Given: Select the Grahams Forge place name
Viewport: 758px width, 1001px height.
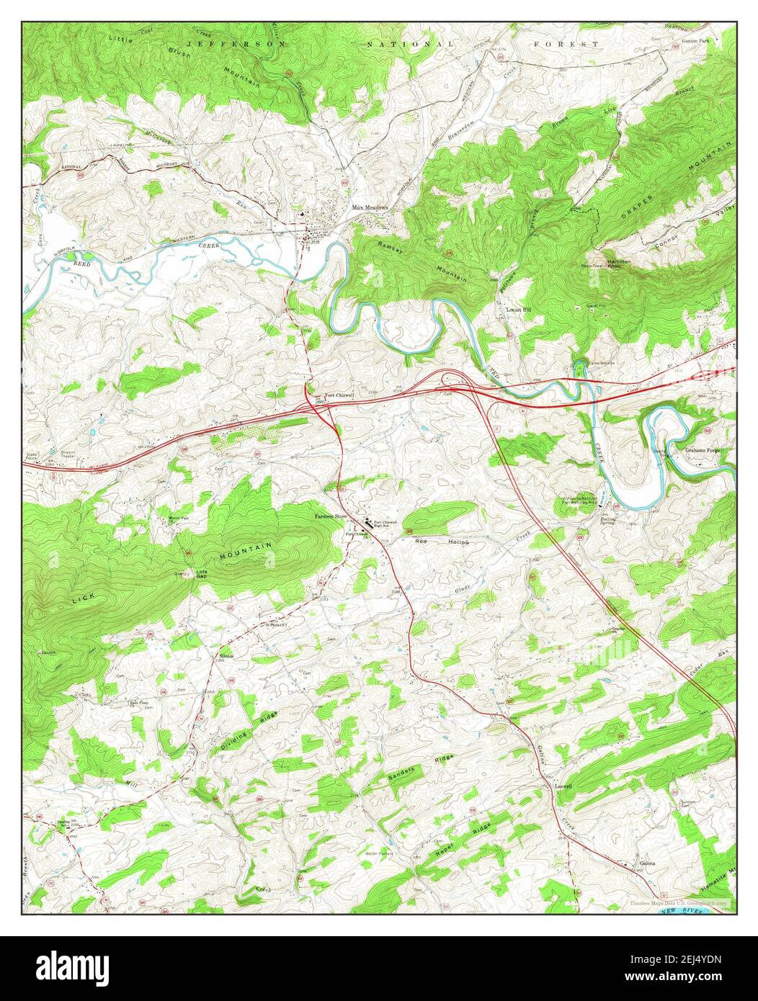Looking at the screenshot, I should click(x=707, y=451).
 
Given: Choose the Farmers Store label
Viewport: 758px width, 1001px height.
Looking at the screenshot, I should click(x=330, y=516).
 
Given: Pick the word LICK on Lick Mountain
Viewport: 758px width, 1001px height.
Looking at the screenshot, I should click(x=83, y=598).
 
